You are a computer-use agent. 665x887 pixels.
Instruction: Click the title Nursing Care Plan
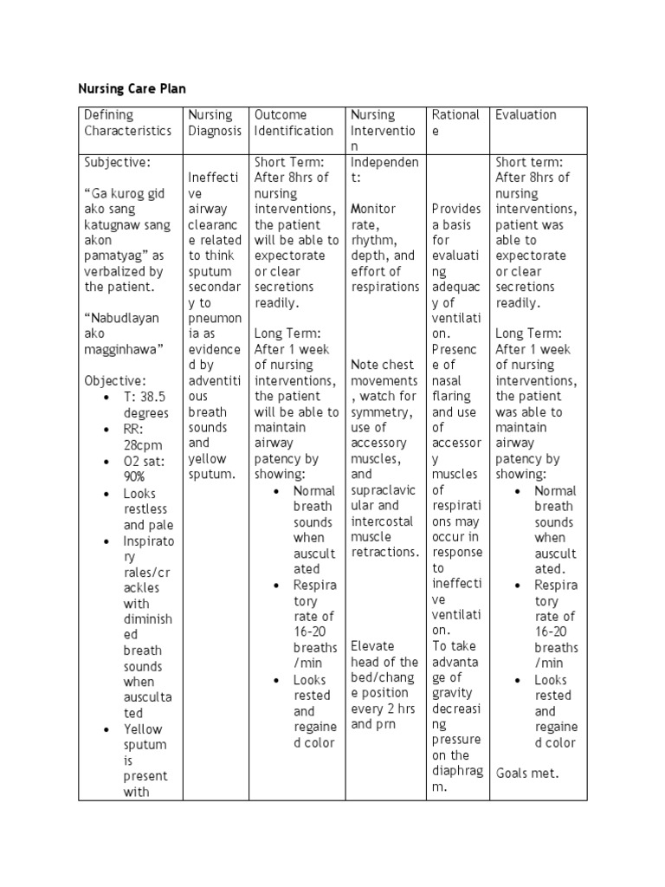coord(132,88)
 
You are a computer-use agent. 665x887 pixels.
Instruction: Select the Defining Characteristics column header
coord(127,122)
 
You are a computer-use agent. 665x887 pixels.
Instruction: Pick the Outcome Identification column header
coord(294,122)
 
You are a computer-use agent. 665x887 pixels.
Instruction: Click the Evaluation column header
coord(526,114)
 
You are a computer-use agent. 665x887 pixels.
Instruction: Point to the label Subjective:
coord(117,162)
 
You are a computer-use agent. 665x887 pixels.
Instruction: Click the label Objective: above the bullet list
coord(115,380)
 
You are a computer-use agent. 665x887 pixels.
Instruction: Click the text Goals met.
coord(527,773)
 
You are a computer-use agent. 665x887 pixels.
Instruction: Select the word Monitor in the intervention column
coord(373,209)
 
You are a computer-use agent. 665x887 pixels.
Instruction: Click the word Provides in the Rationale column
coord(456,209)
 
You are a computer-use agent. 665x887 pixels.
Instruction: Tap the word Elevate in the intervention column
coord(372,645)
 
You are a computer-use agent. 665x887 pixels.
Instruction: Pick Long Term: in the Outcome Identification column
coord(287,333)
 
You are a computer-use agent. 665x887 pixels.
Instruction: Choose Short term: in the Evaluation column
coord(529,162)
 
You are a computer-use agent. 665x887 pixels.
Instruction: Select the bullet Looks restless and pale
coord(148,508)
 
